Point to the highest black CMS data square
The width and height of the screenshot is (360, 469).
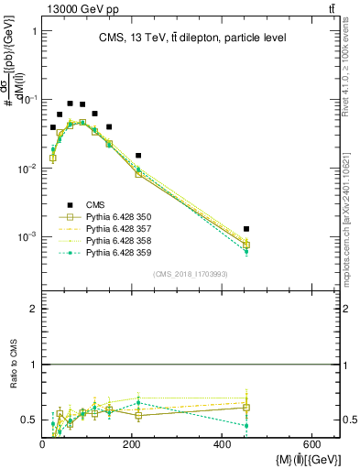coord(70,104)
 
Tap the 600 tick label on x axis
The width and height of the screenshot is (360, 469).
coord(311,444)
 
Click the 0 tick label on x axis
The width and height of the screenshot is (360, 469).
coord(43,444)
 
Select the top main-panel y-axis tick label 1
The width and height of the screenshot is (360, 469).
coord(34,32)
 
